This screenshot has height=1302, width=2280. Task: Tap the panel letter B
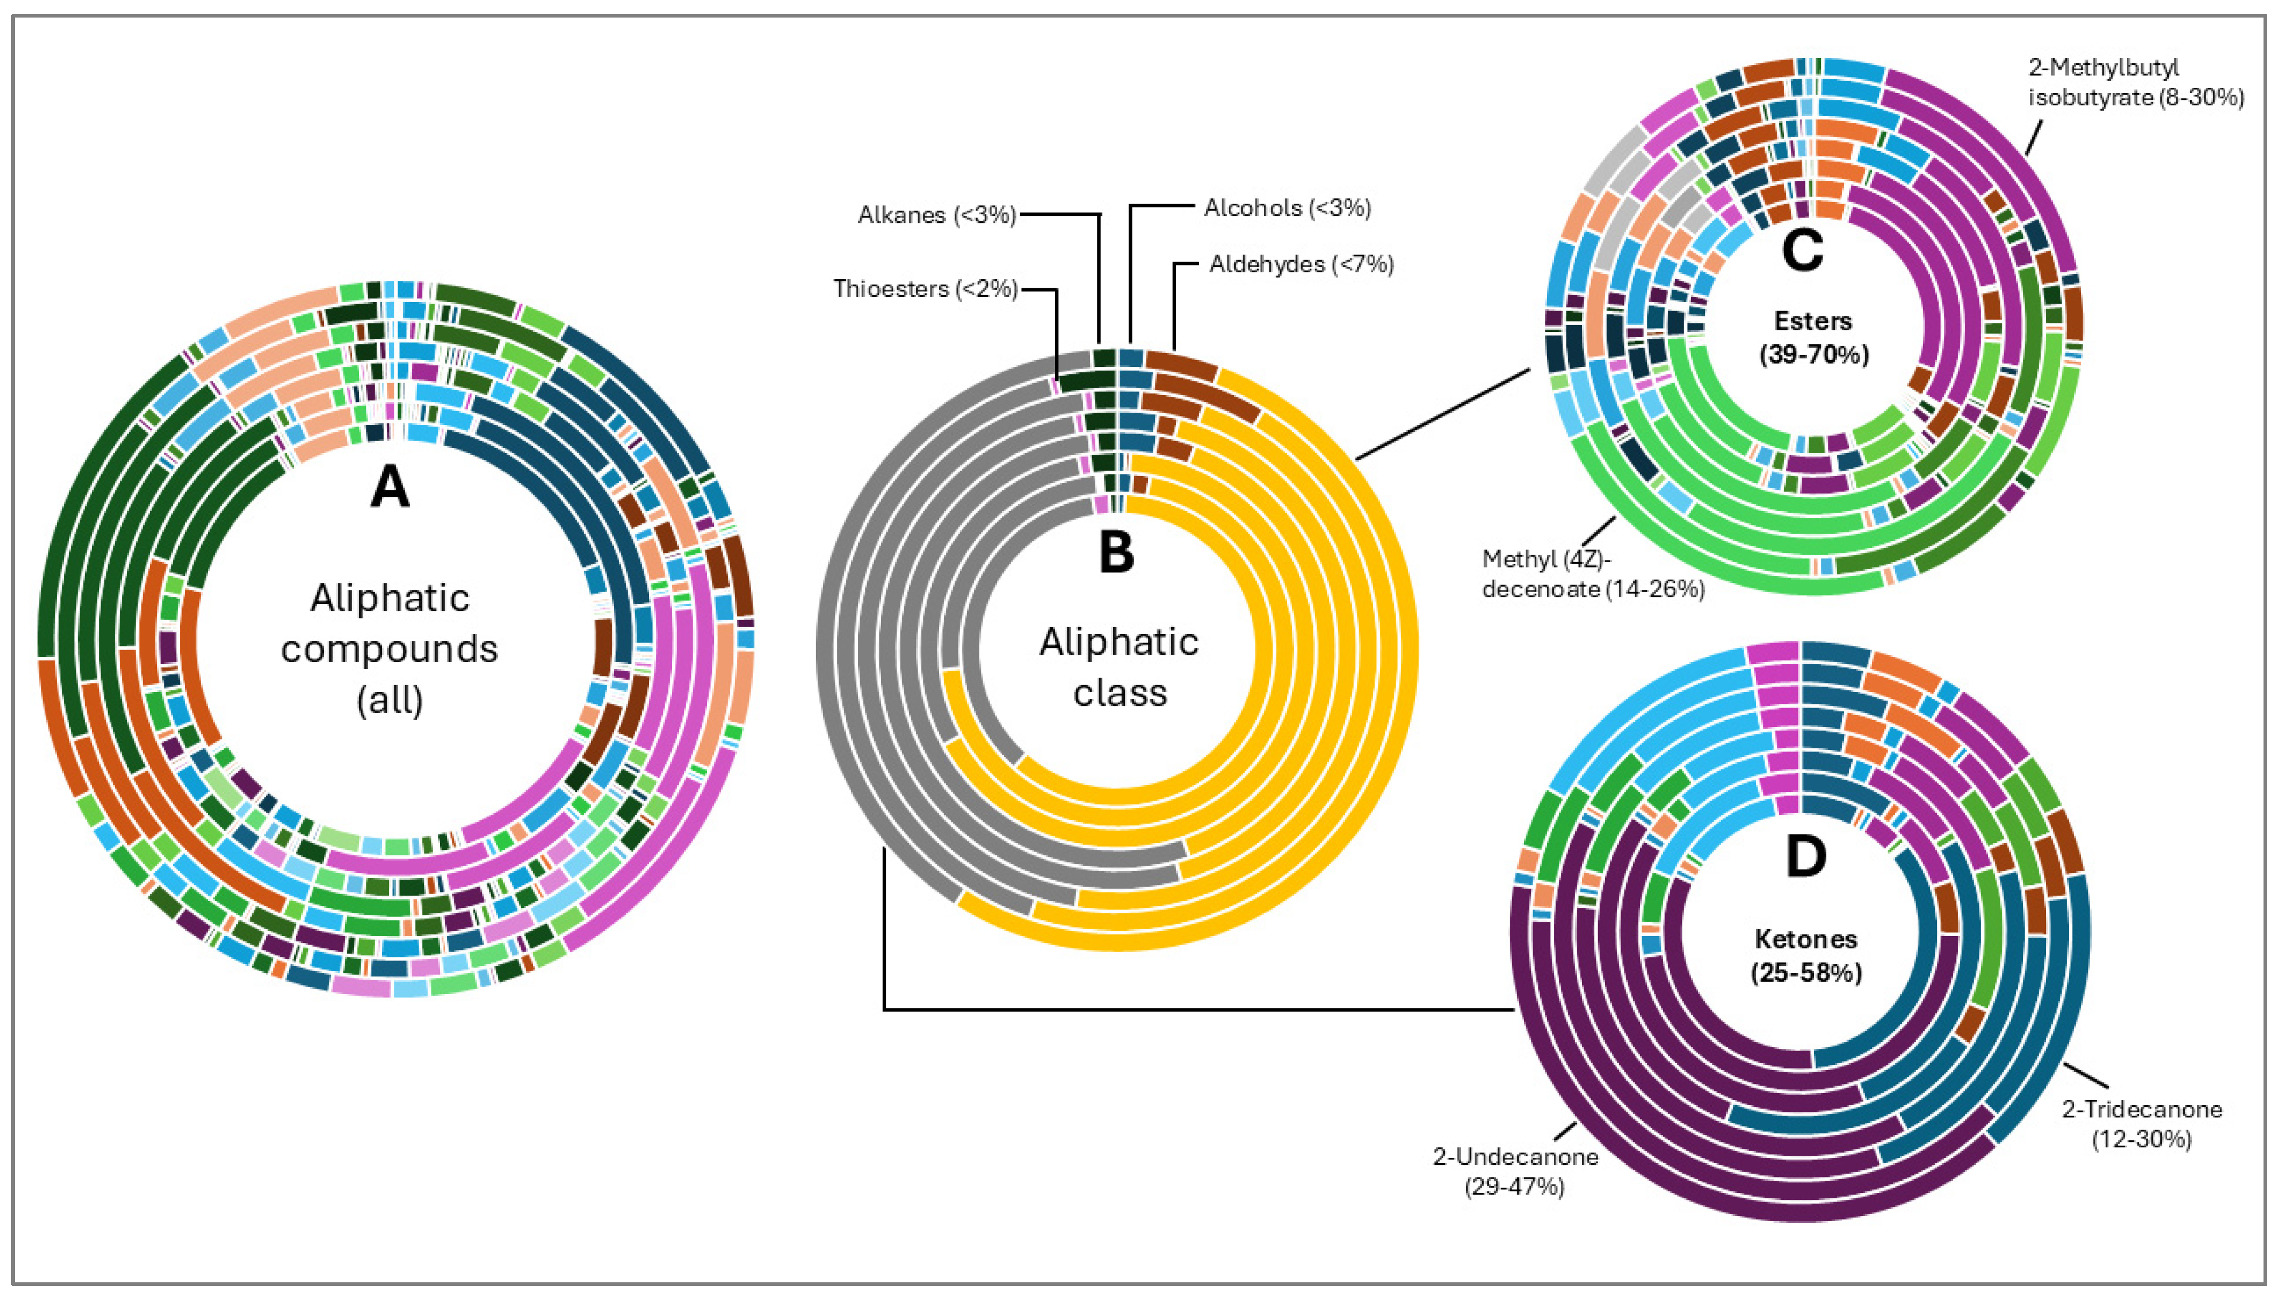[1117, 553]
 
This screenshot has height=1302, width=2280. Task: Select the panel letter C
[1802, 251]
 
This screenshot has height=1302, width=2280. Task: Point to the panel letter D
[1805, 857]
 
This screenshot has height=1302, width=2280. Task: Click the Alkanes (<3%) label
[936, 215]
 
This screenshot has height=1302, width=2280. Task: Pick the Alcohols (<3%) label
[1287, 208]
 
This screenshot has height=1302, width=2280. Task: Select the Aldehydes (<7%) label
[1301, 264]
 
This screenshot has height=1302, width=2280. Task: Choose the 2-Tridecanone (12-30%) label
[2141, 1124]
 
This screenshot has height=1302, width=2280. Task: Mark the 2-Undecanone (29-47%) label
[1516, 1172]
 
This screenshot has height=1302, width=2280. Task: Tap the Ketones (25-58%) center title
[1806, 955]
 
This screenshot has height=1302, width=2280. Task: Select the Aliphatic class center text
[1119, 667]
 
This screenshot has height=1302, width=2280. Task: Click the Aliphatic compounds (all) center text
[390, 648]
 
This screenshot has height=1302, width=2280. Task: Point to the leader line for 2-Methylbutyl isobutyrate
[2034, 139]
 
